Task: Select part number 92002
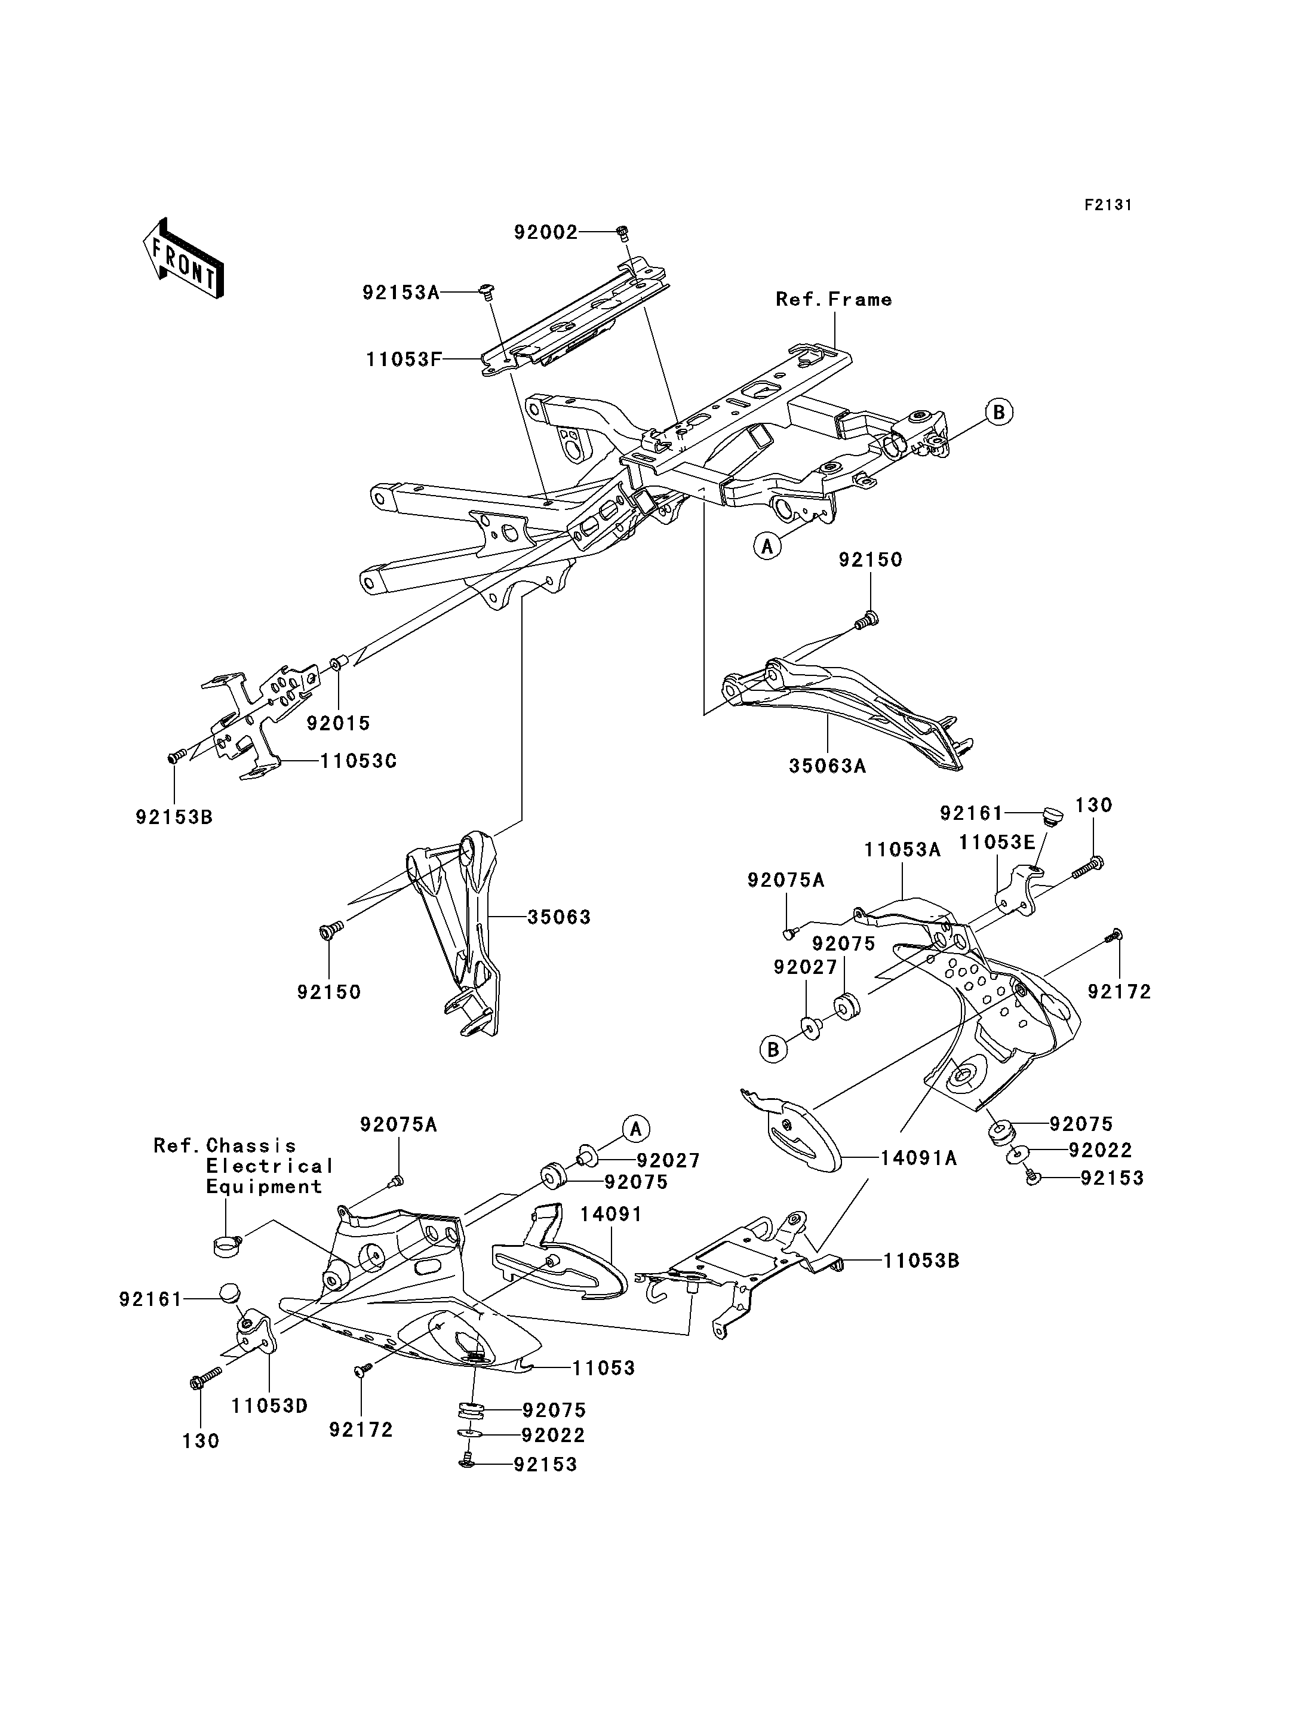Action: coord(545,232)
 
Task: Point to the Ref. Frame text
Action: coord(834,299)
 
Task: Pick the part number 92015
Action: coord(338,723)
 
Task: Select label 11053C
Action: coord(358,761)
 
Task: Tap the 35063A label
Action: coord(828,766)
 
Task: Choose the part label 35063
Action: coord(559,917)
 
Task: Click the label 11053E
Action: coord(997,843)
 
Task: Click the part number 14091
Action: coord(611,1214)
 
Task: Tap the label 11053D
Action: coord(269,1406)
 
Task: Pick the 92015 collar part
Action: coord(338,664)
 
